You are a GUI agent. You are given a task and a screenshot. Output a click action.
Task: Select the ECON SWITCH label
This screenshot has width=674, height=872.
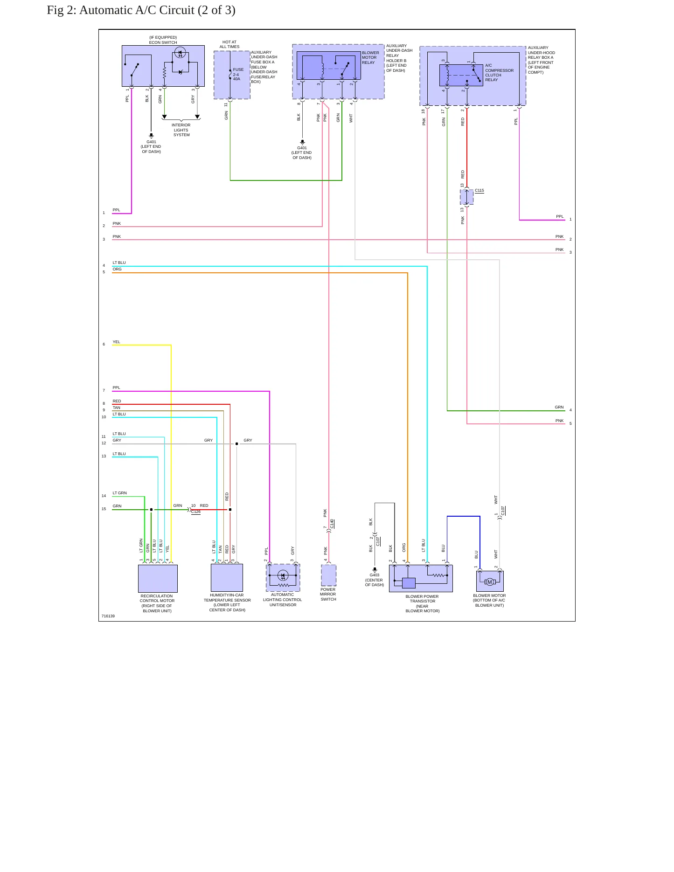tap(163, 42)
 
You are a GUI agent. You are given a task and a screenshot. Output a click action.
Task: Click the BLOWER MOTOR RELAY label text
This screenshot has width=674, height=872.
tap(370, 57)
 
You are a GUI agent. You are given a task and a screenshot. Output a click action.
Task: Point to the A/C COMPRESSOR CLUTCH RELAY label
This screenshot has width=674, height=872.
tap(499, 72)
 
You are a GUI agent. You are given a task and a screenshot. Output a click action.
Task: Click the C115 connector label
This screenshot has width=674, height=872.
tap(479, 190)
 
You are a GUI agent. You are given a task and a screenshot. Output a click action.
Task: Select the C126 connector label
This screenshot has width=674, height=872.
tap(196, 512)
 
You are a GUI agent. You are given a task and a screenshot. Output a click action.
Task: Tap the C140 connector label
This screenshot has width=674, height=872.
tap(332, 524)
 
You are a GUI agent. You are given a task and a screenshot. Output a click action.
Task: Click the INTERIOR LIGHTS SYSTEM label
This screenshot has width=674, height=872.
tap(181, 130)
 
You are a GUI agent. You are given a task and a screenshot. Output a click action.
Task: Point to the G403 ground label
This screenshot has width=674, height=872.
tap(375, 575)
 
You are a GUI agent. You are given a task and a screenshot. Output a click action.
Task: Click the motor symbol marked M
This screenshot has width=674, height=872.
tap(490, 581)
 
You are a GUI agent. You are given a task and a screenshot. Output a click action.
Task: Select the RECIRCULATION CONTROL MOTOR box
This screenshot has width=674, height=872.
tap(158, 578)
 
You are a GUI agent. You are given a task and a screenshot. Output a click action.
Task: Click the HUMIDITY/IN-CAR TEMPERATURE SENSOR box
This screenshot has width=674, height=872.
tap(227, 577)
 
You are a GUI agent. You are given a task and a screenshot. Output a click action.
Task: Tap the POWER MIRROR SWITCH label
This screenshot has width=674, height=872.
tap(328, 594)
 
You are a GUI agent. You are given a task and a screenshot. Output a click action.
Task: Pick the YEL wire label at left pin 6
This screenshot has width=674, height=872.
tap(116, 342)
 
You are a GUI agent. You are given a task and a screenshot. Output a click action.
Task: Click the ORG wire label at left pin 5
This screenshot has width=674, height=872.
tap(117, 269)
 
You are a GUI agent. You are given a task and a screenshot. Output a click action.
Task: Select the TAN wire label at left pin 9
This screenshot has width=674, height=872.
tap(116, 408)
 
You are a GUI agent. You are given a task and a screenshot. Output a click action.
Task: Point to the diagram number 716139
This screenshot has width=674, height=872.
tap(108, 616)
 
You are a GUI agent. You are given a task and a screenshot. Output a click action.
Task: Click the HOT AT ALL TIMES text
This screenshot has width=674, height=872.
tap(229, 44)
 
